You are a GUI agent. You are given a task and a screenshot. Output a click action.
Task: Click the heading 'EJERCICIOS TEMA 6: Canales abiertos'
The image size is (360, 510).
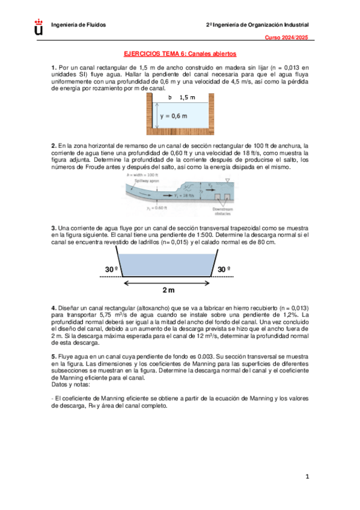pos(179,54)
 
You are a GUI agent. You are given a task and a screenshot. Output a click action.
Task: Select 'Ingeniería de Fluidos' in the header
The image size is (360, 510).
pos(79,25)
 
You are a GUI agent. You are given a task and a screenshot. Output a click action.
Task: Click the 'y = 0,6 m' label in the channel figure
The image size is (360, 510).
pos(173,116)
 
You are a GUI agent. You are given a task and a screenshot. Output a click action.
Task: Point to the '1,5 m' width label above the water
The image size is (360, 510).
pos(188,97)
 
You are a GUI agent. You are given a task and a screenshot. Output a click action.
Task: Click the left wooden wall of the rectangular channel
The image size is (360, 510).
pos(150,115)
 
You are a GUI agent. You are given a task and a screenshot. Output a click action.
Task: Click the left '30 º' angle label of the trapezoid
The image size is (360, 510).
pos(106,269)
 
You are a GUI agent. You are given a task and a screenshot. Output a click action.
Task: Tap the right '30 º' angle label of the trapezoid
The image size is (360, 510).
pos(224,269)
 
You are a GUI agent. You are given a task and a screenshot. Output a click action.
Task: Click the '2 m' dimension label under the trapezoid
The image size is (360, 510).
pos(169,290)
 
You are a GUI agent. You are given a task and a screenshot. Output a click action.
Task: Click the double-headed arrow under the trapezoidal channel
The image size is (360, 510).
pos(168,281)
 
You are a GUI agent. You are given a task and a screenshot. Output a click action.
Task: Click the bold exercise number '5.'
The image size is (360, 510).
pos(53,357)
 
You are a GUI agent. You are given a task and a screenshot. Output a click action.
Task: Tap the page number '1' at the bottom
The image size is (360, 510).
pos(307,478)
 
